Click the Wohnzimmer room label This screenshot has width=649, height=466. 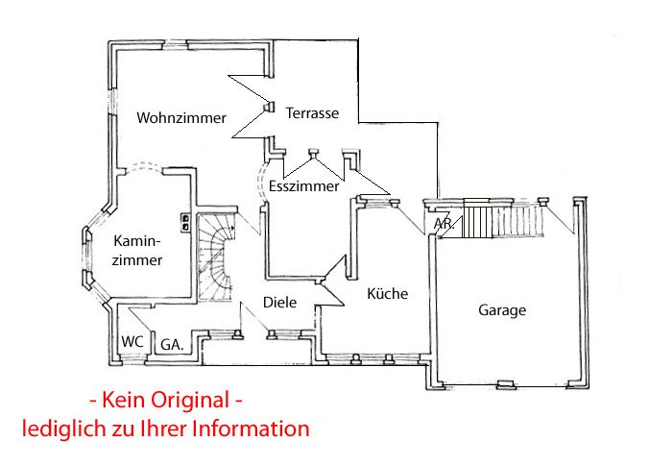(x=181, y=118)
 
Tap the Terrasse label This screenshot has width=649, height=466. (x=312, y=113)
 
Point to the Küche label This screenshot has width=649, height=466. (x=387, y=294)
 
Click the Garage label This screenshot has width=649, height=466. (x=502, y=310)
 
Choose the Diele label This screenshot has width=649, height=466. (x=279, y=303)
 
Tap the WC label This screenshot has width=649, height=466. (x=132, y=341)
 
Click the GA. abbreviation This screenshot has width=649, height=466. (x=172, y=343)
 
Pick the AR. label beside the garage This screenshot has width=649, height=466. (x=443, y=224)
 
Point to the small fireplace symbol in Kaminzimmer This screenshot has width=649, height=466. (x=183, y=220)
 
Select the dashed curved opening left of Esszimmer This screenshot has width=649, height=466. (x=261, y=182)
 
